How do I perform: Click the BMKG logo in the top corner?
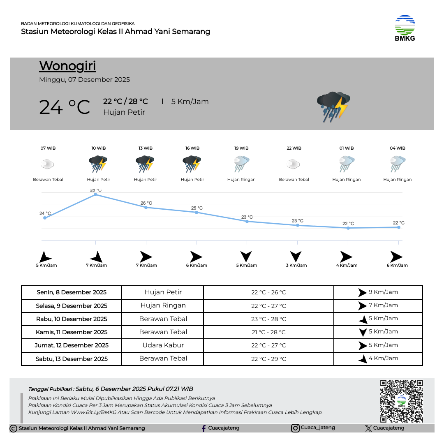[x=405, y=28]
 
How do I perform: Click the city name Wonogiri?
[x=67, y=66]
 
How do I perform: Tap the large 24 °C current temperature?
[x=65, y=107]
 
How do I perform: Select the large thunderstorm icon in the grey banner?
[x=333, y=106]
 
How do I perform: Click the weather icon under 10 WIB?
[x=98, y=164]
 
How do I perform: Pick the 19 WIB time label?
[x=241, y=148]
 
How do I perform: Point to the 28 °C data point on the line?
[x=95, y=194]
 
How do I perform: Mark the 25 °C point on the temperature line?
[x=197, y=212]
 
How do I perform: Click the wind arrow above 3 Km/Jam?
[x=296, y=256]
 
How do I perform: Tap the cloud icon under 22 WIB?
[x=294, y=164]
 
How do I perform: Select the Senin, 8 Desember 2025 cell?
[x=72, y=292]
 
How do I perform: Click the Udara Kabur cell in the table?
[x=163, y=345]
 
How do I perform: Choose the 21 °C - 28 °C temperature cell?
[x=268, y=332]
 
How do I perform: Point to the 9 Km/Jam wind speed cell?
[x=378, y=292]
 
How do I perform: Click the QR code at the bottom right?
[x=401, y=401]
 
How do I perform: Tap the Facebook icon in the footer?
[x=203, y=428]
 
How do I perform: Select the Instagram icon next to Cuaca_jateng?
[x=295, y=428]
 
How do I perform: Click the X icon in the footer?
[x=368, y=428]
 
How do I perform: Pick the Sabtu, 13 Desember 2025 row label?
[x=72, y=359]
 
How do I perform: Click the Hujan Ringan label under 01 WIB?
[x=346, y=180]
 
